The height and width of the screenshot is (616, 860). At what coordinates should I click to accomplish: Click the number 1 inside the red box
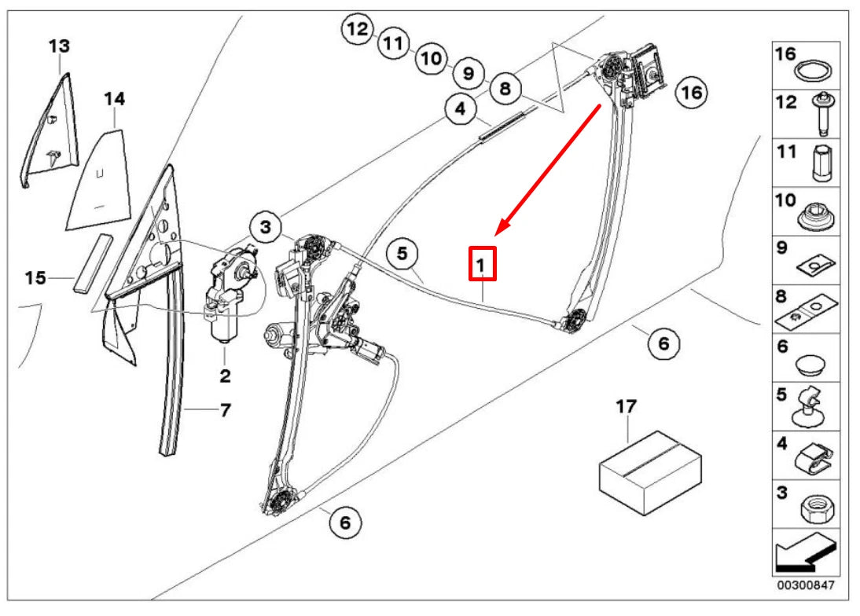tap(483, 263)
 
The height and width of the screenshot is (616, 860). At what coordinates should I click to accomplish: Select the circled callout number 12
tap(358, 31)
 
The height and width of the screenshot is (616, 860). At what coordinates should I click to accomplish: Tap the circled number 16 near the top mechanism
tap(691, 92)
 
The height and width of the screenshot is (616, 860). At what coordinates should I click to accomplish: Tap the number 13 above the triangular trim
tap(58, 46)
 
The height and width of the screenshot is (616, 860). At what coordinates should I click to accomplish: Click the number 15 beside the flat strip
tap(35, 278)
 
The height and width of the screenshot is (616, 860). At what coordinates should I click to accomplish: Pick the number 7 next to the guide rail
tap(225, 410)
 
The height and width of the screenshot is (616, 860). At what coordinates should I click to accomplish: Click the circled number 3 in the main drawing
tap(266, 229)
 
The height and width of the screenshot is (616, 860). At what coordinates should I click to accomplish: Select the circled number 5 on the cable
tap(402, 254)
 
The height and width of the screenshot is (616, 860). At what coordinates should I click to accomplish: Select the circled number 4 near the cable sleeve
tap(460, 110)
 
